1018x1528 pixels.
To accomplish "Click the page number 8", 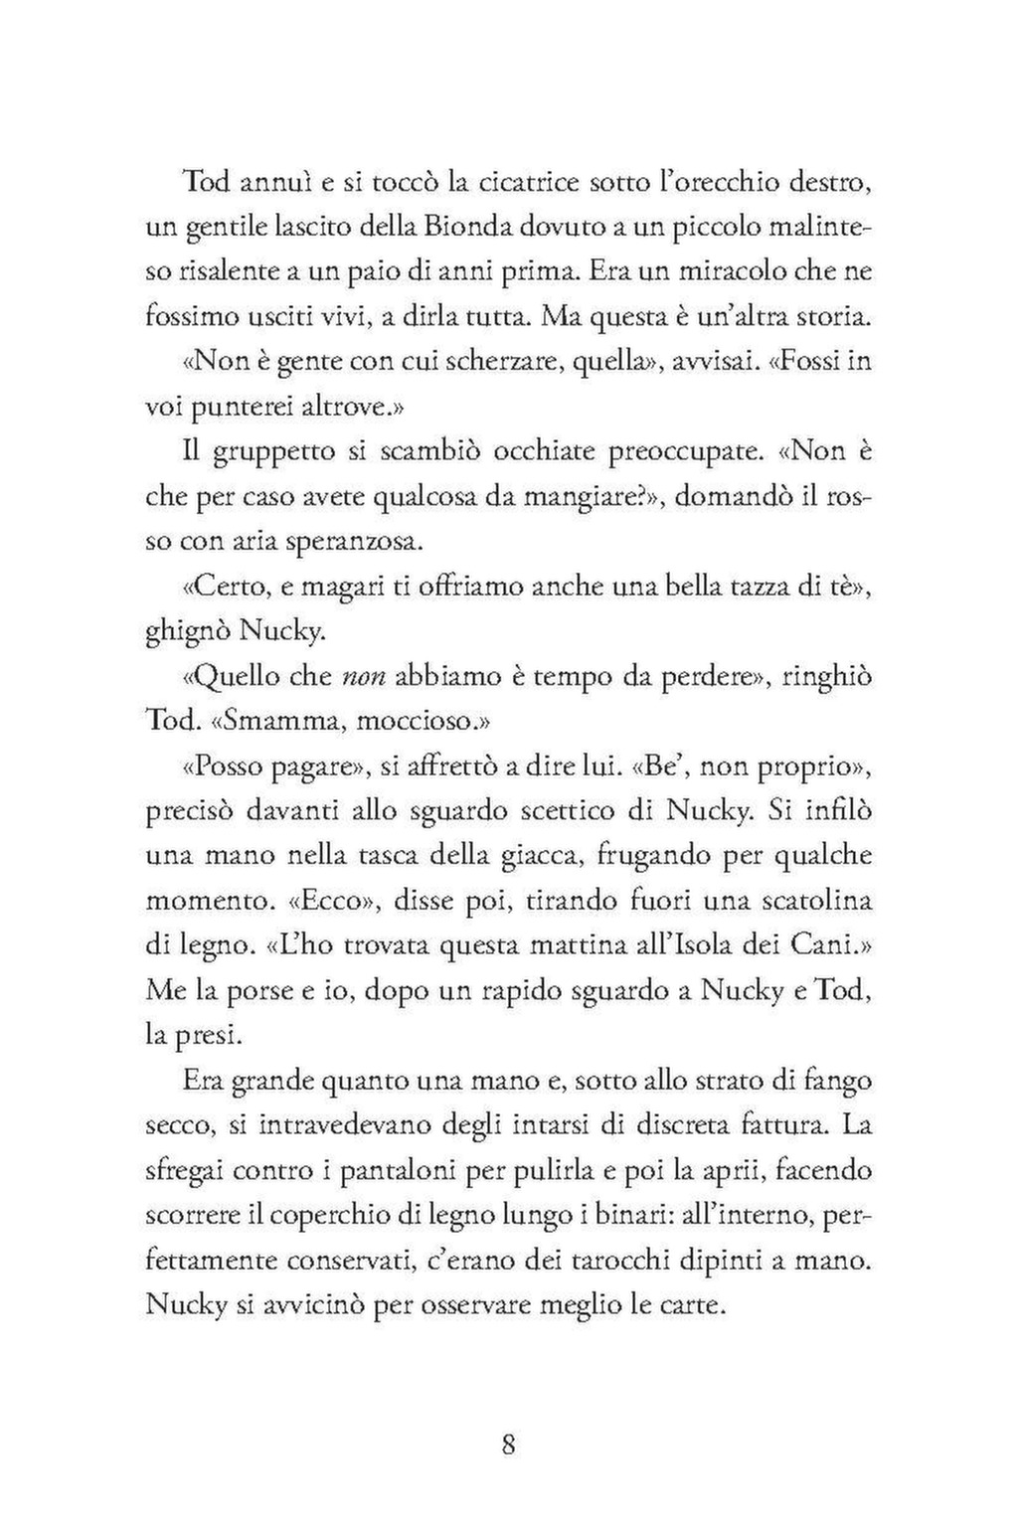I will tap(508, 1443).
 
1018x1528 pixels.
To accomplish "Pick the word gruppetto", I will tap(259, 451).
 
